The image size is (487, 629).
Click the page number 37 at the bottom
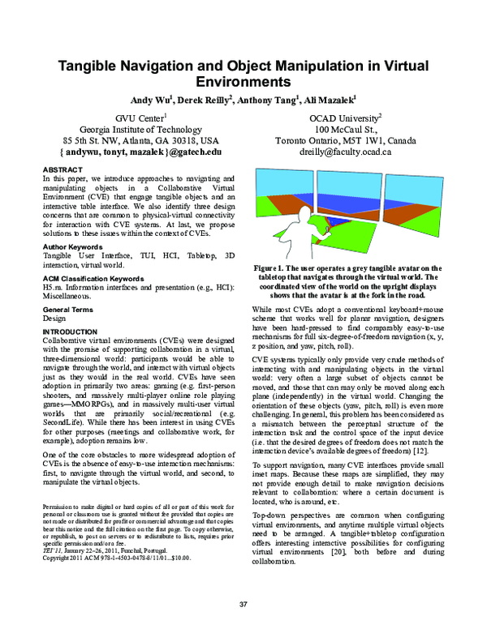click(243, 605)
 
